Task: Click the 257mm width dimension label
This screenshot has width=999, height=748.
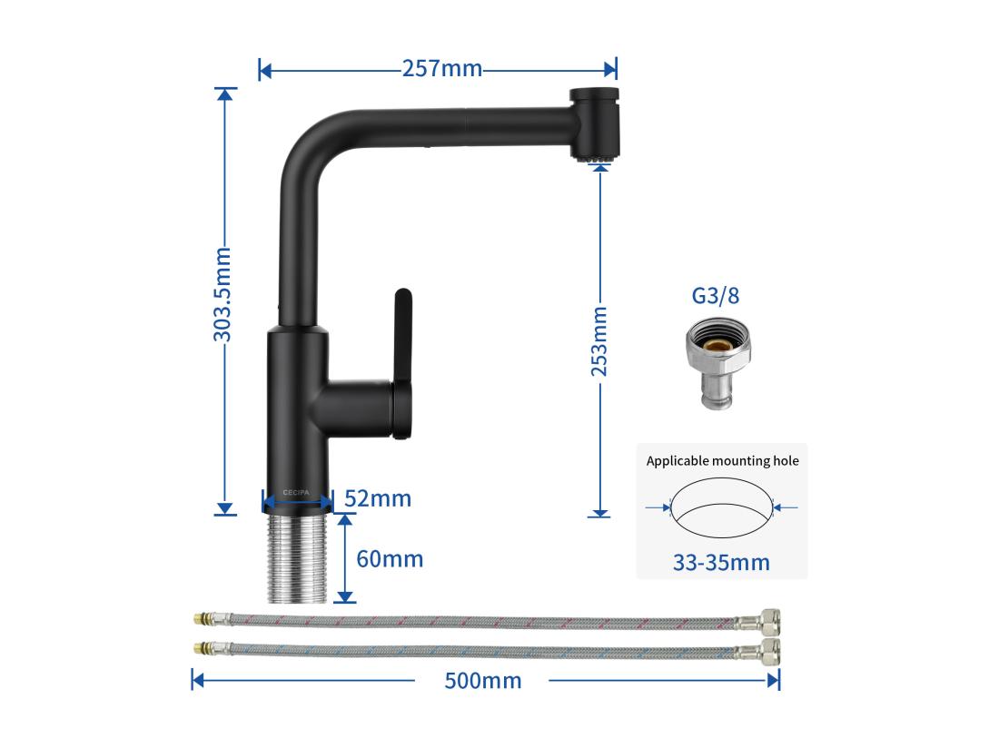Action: click(442, 68)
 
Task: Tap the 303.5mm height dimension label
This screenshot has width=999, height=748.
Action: click(223, 294)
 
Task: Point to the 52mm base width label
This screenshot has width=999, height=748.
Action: click(379, 498)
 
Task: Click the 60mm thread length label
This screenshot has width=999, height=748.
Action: click(390, 558)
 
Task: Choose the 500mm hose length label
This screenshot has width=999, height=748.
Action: click(482, 680)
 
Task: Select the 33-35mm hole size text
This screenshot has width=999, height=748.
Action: click(721, 562)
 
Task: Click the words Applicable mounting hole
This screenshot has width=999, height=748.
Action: click(722, 461)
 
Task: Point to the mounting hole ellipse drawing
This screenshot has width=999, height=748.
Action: click(722, 510)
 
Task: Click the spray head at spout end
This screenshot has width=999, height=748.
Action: click(596, 124)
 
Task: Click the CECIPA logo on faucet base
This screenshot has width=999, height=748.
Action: click(296, 491)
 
